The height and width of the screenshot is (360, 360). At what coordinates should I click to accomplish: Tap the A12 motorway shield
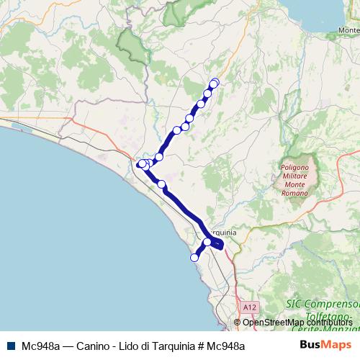click(249, 307)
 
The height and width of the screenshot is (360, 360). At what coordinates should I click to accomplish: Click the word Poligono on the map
click(293, 168)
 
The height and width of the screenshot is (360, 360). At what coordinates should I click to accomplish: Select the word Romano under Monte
click(294, 194)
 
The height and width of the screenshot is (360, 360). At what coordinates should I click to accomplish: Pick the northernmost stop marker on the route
click(214, 83)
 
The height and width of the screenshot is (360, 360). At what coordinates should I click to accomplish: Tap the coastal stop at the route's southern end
click(194, 257)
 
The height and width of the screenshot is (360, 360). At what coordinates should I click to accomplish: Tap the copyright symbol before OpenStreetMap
click(239, 322)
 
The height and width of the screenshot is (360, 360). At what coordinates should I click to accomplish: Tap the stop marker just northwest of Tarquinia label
click(207, 242)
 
